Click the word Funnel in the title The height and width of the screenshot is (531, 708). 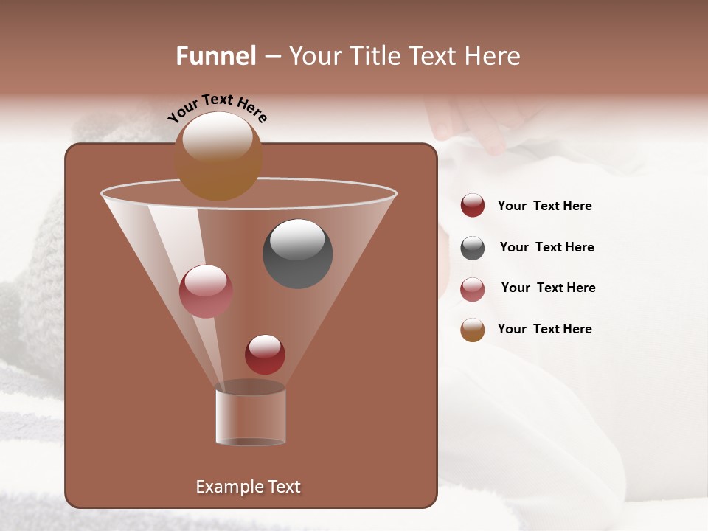click(216, 56)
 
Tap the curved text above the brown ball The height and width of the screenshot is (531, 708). click(217, 108)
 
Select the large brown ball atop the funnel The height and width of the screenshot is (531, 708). click(218, 156)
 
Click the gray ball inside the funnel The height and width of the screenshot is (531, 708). click(297, 253)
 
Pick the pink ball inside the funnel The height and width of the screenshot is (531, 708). click(206, 291)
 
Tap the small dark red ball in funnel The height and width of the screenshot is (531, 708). click(265, 354)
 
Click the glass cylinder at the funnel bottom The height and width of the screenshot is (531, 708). click(250, 417)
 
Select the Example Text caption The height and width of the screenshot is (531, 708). click(248, 487)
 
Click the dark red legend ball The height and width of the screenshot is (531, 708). click(473, 205)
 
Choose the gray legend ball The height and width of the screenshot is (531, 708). click(473, 248)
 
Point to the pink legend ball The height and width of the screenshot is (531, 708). click(473, 289)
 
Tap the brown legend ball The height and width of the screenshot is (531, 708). click(473, 330)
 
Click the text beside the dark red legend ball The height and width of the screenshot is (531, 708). click(544, 206)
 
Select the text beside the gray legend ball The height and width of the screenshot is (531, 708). click(546, 248)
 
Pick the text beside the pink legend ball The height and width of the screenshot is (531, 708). click(548, 288)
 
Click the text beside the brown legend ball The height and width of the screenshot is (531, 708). click(544, 330)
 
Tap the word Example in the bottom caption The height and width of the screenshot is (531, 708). click(226, 487)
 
